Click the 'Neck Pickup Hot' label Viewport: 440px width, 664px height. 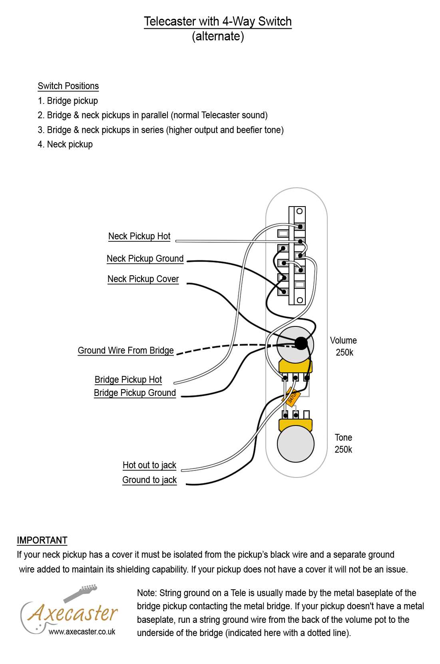click(139, 236)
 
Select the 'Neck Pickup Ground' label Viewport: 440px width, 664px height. click(145, 258)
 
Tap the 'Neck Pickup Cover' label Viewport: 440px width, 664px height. click(143, 279)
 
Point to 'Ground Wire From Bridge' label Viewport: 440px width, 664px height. click(125, 350)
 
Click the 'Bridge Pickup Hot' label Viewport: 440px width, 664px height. click(128, 380)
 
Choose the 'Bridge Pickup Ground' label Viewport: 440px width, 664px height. click(135, 393)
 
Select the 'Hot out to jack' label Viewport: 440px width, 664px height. click(149, 465)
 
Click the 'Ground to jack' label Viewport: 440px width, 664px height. click(149, 480)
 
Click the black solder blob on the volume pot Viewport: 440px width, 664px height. click(301, 343)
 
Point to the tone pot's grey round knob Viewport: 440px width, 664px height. click(295, 444)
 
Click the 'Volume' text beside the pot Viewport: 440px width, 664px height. click(343, 340)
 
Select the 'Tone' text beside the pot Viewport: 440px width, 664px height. click(343, 437)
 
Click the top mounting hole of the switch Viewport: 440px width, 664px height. click(299, 211)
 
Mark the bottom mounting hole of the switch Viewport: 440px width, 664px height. click(300, 300)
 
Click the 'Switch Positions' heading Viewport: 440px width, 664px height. click(68, 86)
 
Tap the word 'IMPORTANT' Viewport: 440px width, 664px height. click(42, 540)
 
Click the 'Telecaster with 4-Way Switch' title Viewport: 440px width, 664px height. click(217, 21)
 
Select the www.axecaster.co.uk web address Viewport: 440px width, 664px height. click(82, 632)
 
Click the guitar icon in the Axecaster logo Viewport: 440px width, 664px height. click(80, 593)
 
